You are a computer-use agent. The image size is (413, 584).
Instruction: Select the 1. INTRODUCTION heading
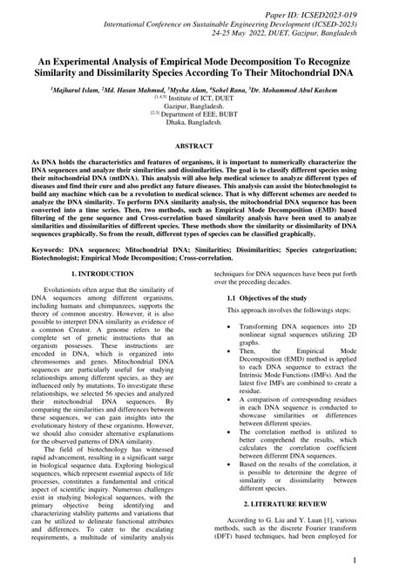pyautogui.click(x=103, y=273)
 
